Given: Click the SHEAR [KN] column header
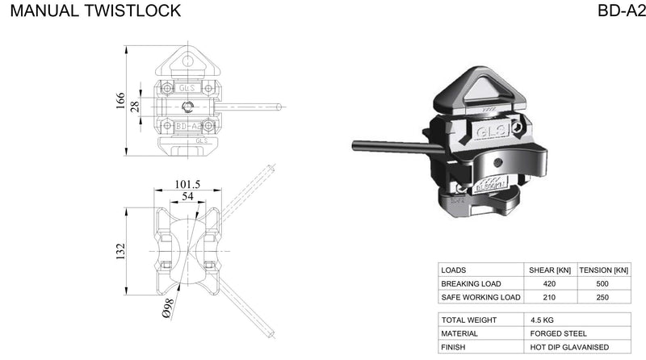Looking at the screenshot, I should tap(550, 270).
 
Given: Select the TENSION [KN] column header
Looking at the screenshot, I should tap(604, 270).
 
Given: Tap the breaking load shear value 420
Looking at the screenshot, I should tap(550, 283).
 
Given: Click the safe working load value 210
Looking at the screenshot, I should tap(550, 297).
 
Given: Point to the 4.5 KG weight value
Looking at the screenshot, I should tap(543, 320).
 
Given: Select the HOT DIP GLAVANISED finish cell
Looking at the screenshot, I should tap(568, 347).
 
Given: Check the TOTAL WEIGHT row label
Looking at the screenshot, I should tap(468, 320).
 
